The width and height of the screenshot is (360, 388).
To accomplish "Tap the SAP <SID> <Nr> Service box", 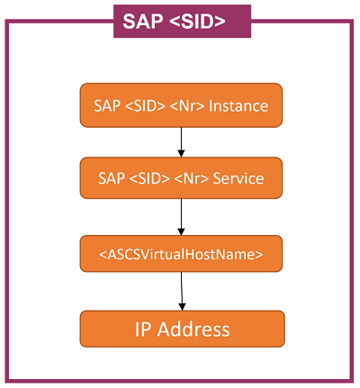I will pos(181,178).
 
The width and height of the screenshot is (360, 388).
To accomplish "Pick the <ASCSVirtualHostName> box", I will pos(181,254).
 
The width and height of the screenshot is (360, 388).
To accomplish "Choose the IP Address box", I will pos(182,329).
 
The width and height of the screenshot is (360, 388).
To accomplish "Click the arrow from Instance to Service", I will pos(181,141).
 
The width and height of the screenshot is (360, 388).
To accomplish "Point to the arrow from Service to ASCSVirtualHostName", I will pos(181,216).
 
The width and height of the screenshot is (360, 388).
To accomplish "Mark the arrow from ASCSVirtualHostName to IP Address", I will pos(182,291).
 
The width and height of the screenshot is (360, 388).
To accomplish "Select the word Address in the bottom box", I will pos(195,329).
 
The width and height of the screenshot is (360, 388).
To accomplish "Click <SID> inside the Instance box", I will pos(147,105).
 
